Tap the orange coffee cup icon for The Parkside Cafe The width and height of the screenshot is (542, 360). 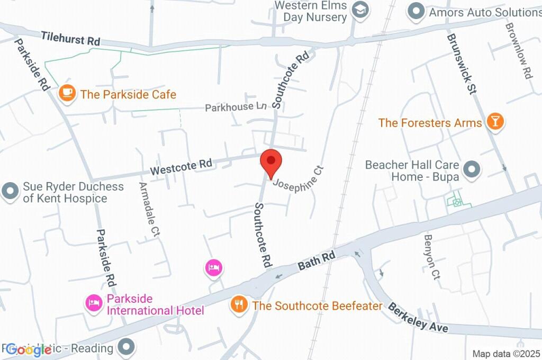[x=67, y=93]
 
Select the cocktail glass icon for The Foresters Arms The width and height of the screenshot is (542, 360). [x=494, y=122]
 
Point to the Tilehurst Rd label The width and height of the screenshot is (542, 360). [x=70, y=39]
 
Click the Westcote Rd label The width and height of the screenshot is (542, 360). [x=181, y=167]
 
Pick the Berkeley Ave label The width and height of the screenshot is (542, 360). [x=418, y=317]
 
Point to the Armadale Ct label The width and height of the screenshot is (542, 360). [x=148, y=209]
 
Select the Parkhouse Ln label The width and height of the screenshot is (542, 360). [x=236, y=107]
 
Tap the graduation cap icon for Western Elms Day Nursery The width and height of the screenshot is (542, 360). [x=360, y=11]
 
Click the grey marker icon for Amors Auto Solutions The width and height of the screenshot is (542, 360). [x=417, y=11]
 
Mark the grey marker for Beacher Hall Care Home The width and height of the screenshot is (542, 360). [x=471, y=170]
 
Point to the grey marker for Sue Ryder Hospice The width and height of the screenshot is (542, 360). [x=10, y=191]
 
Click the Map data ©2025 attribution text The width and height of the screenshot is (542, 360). [x=506, y=354]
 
